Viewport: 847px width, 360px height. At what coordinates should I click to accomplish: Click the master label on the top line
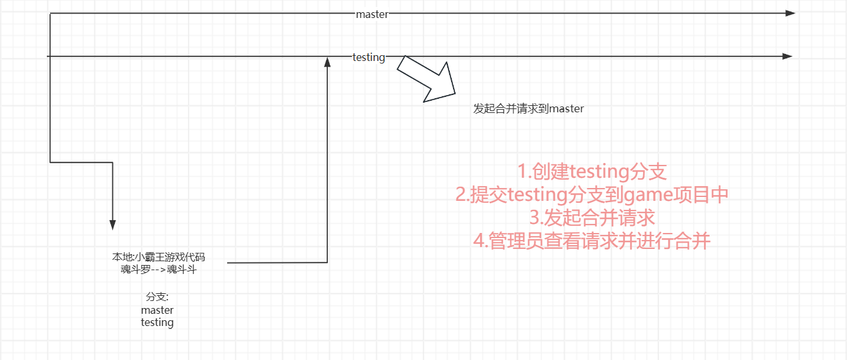pos(372,14)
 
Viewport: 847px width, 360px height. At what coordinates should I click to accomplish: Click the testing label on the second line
pos(369,57)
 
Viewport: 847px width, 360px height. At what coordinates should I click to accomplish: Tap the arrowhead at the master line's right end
pos(790,13)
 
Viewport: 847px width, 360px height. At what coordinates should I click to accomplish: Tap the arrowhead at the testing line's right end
pos(787,56)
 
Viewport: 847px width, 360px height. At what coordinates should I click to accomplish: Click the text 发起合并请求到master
pos(529,109)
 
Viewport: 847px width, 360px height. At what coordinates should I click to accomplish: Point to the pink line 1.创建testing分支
pos(592,171)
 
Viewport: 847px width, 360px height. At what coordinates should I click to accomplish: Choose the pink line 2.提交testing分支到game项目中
pos(592,194)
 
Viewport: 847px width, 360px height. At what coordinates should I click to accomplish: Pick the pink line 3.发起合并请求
pos(592,218)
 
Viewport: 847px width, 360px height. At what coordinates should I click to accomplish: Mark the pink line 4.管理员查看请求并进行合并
pos(592,241)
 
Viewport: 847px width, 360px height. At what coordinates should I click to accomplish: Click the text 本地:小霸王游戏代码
pos(158,257)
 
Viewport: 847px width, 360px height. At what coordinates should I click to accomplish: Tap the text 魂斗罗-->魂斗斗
pos(158,269)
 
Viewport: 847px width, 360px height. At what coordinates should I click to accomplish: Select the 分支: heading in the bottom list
pos(157,297)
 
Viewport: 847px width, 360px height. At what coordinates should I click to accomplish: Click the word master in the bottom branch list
pos(157,310)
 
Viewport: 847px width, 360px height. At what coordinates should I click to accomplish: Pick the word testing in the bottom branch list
pos(157,322)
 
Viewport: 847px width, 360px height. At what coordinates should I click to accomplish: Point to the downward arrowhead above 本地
pos(113,225)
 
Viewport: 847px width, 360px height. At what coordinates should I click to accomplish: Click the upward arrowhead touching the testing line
pos(328,62)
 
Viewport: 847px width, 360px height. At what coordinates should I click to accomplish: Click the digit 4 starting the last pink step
pos(478,241)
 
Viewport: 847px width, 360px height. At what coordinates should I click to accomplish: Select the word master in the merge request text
pos(567,109)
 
